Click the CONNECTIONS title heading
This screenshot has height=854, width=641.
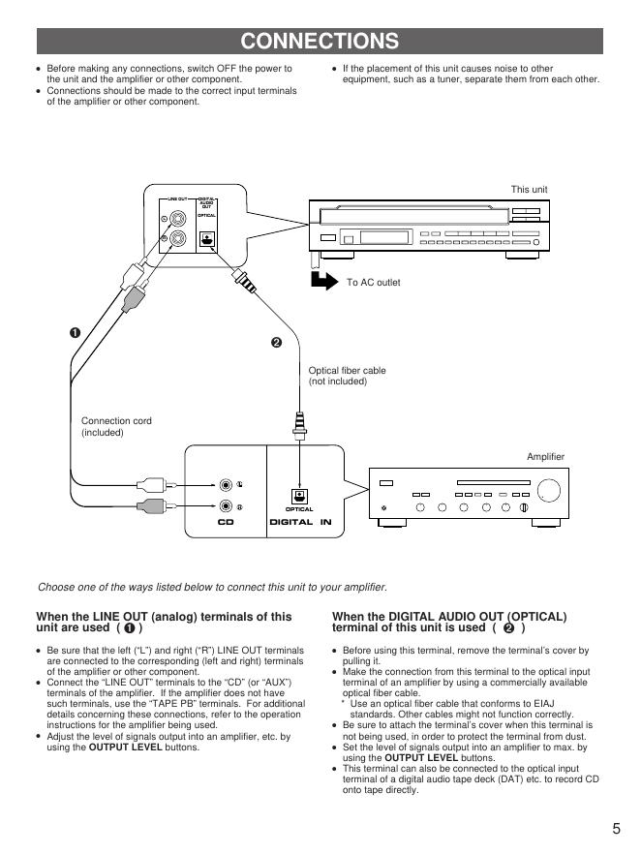320,41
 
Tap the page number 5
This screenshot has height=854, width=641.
616,828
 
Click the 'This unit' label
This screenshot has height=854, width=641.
529,189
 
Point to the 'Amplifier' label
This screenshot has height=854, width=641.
545,456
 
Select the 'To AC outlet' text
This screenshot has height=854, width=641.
373,283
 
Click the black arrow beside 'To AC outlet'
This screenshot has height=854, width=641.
321,282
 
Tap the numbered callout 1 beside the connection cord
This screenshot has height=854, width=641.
75,333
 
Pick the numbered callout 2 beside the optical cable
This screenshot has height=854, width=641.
276,343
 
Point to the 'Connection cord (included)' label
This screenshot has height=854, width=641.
116,426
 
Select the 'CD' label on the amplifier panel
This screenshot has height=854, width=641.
226,522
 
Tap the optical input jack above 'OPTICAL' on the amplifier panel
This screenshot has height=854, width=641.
299,495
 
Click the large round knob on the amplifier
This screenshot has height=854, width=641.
549,486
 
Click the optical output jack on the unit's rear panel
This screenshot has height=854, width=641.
206,239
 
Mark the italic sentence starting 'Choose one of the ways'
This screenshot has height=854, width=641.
212,587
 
